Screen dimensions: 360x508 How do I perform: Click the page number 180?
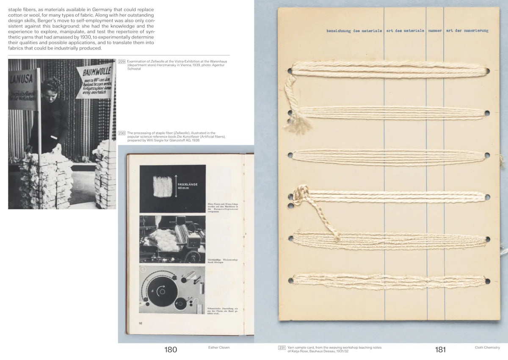[171, 350]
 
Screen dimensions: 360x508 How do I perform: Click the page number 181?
[440, 350]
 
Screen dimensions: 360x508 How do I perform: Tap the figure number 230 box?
[121, 133]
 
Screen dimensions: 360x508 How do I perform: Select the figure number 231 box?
[282, 348]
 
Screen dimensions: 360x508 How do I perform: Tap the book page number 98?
[141, 323]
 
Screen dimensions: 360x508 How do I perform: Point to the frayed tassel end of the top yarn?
[299, 123]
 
